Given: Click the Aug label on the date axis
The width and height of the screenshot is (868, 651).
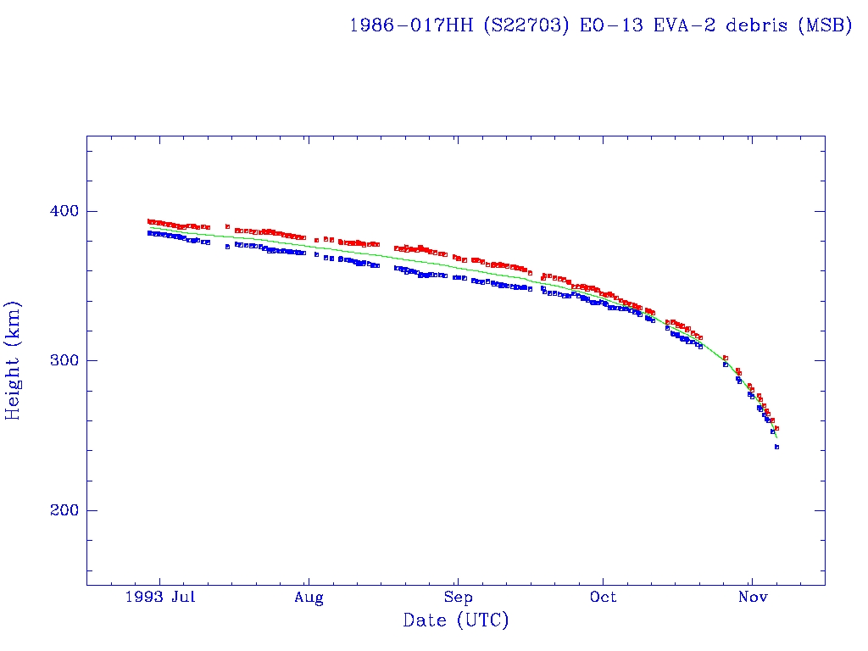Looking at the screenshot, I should tap(309, 598).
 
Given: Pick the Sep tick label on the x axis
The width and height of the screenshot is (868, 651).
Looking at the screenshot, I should tap(458, 598).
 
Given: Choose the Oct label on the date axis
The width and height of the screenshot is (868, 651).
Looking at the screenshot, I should tap(604, 598).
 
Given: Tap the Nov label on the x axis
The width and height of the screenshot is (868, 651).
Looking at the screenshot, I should tap(753, 598).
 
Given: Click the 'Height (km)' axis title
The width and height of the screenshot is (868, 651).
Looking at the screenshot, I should tap(14, 360).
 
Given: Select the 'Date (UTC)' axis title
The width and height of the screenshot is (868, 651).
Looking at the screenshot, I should tap(456, 621).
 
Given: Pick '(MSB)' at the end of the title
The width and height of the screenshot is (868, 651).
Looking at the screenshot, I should tap(824, 25).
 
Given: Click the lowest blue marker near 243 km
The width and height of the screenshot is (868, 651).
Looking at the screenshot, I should tap(776, 447).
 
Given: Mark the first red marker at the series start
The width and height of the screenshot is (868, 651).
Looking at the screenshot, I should tap(149, 221).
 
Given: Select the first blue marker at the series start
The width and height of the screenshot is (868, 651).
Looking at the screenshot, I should tap(149, 233).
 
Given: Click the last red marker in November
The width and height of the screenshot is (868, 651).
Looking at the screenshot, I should tap(776, 428).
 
